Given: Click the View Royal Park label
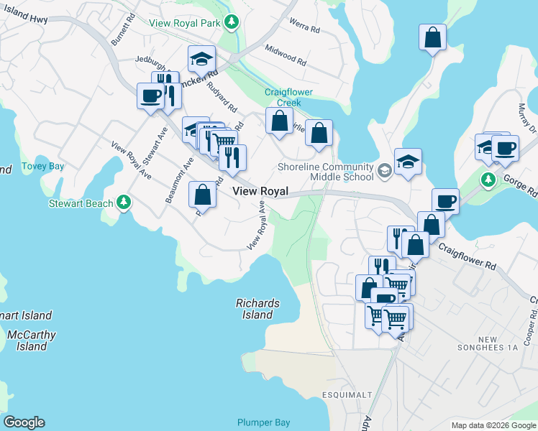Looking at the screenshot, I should point(184,23).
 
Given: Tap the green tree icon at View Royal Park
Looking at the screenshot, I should point(231,23).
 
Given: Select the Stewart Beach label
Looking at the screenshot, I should point(81,203).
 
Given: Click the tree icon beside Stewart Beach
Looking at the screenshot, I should point(124,203).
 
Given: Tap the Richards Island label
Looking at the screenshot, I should point(257,309).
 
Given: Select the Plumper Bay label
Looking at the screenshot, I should point(264,422).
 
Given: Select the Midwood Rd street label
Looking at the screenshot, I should point(286,56).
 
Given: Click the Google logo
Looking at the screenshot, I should point(24,422).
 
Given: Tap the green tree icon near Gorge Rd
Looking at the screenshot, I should point(488,178).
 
